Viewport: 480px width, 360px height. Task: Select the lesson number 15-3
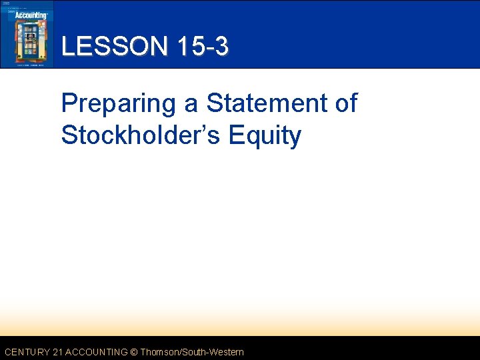tap(203, 46)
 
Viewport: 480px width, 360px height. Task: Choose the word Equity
tap(265, 135)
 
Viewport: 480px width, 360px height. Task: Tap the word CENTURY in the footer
tap(27, 352)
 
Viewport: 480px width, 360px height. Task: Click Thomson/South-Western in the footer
tap(193, 352)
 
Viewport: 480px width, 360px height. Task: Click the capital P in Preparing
tap(69, 103)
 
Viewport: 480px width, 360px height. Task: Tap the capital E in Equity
tap(237, 135)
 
